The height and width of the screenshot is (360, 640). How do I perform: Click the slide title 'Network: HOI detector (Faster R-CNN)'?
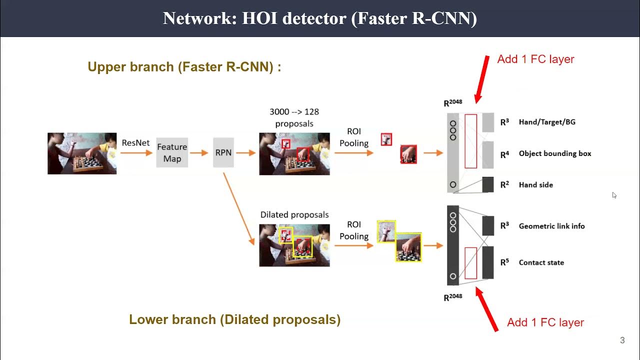point(320,18)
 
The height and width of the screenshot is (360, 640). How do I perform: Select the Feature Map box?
point(172,152)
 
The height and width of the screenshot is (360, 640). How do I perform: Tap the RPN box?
point(223,152)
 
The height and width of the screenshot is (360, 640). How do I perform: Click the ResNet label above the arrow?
point(135,142)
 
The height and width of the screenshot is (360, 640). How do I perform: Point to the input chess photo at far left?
point(82,153)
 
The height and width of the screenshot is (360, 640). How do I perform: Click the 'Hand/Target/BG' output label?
point(547,121)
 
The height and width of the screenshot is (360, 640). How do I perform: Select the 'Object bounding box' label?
point(554,153)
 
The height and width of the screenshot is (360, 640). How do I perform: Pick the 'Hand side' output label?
point(535,184)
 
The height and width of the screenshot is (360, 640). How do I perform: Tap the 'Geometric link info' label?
point(551,226)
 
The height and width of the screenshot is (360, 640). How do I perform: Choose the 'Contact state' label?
point(541,262)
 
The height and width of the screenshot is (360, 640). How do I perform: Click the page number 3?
point(622,340)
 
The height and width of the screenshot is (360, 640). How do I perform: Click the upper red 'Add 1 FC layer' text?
point(535,59)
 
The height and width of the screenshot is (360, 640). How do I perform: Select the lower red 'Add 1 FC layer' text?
point(545,322)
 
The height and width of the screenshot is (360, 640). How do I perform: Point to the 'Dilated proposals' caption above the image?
point(294,214)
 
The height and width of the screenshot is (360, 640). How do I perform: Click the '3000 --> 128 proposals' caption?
point(294,117)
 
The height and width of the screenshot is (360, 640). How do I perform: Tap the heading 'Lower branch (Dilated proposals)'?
point(234,319)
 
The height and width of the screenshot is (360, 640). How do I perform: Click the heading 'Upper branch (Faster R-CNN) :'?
point(184,67)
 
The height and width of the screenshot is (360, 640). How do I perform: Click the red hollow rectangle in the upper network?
point(470,141)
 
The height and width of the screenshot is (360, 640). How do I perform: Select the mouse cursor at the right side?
point(614,195)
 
